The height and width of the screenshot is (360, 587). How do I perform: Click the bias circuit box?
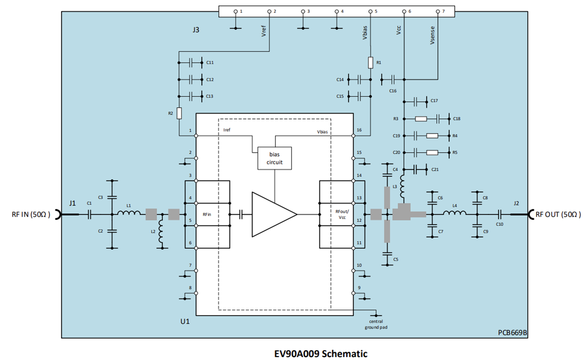[x=274, y=158]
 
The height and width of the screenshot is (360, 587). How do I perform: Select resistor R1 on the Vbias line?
[x=370, y=63]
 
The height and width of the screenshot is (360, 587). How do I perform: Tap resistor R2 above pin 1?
[x=180, y=113]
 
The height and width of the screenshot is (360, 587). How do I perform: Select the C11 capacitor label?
[x=210, y=63]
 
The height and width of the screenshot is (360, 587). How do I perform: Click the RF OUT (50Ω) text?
[x=558, y=214]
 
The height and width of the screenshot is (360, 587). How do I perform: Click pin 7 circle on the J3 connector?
[x=438, y=10]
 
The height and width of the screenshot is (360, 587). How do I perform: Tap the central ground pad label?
[x=376, y=324]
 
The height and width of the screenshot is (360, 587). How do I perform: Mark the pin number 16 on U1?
[x=359, y=131]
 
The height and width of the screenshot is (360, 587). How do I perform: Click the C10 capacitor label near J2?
[x=499, y=224]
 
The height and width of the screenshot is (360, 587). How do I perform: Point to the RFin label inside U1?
[x=207, y=214]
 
